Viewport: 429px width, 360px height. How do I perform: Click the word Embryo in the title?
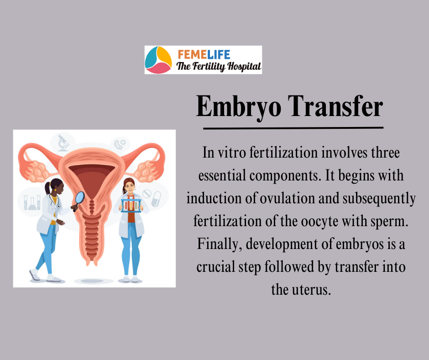[x=239, y=107]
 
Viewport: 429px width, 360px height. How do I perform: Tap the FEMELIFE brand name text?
[x=204, y=55]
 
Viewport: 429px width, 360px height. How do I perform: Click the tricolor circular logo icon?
[x=158, y=60]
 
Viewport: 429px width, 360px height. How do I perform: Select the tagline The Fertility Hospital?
[x=218, y=66]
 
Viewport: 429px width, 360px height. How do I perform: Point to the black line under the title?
[x=293, y=127]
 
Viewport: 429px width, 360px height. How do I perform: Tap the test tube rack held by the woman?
[x=131, y=205]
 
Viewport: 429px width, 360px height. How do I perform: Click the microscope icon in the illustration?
[x=63, y=143]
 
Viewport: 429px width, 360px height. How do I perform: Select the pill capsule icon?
[x=156, y=199]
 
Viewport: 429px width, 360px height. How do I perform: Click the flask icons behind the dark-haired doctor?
[x=32, y=202]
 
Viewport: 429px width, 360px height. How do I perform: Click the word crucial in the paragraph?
[x=215, y=267]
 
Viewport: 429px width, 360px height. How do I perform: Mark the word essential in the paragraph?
[x=222, y=175]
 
